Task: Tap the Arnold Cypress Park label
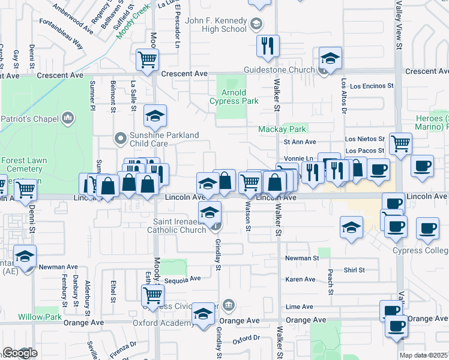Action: point(234,97)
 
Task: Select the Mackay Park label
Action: point(282,129)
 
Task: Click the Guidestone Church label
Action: point(279,70)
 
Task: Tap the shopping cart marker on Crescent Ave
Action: point(147,59)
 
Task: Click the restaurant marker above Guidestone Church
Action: point(267,45)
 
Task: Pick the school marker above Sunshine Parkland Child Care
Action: point(155,115)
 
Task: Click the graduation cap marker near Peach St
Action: point(351,227)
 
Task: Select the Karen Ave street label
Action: point(301,280)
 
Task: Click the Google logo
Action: point(20,353)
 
